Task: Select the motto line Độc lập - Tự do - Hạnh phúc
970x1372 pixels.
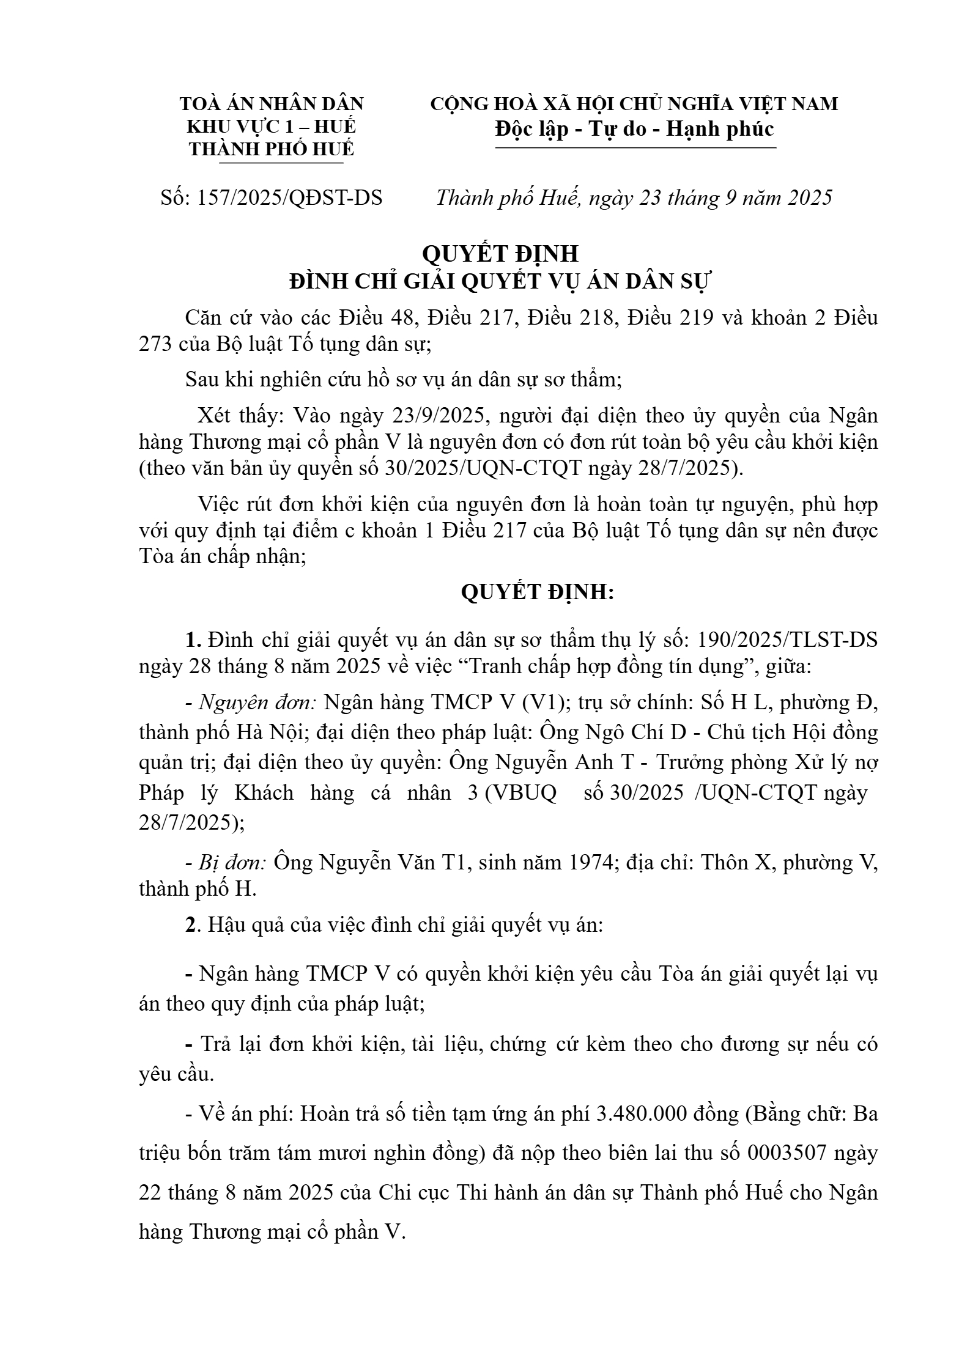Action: click(x=635, y=128)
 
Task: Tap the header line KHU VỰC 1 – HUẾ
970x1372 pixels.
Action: click(x=271, y=127)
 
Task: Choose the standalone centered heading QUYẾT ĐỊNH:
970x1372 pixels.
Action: click(x=536, y=592)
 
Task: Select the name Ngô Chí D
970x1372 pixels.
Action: click(x=649, y=732)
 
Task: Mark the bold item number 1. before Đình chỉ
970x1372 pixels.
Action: click(x=193, y=640)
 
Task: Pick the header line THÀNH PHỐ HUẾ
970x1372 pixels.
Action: click(x=271, y=149)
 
